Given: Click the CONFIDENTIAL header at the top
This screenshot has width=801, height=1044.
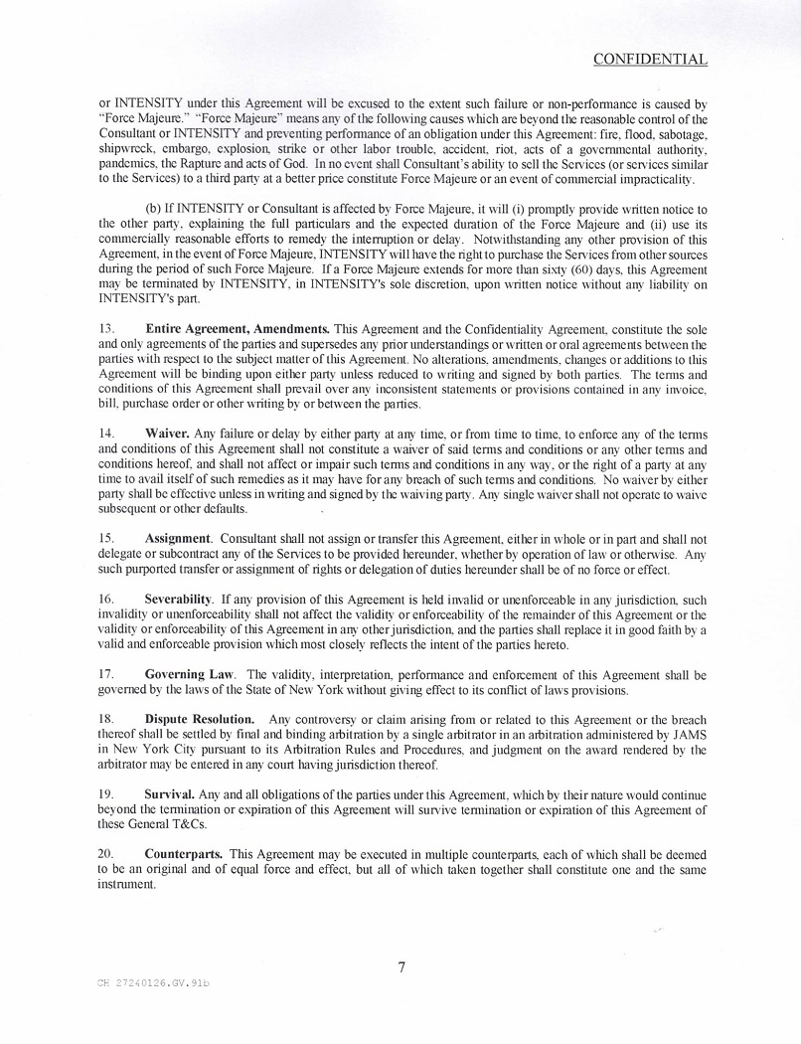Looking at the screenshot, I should tap(650, 60).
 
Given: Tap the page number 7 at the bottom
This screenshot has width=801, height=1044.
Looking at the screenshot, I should tap(401, 966).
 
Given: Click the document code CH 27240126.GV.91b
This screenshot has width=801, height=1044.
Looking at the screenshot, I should tap(154, 982).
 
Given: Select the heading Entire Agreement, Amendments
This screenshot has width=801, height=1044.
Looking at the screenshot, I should tap(238, 328).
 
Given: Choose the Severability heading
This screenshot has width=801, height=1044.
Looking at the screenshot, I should tap(179, 600).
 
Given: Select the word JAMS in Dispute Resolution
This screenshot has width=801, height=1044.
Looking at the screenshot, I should tap(688, 735).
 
